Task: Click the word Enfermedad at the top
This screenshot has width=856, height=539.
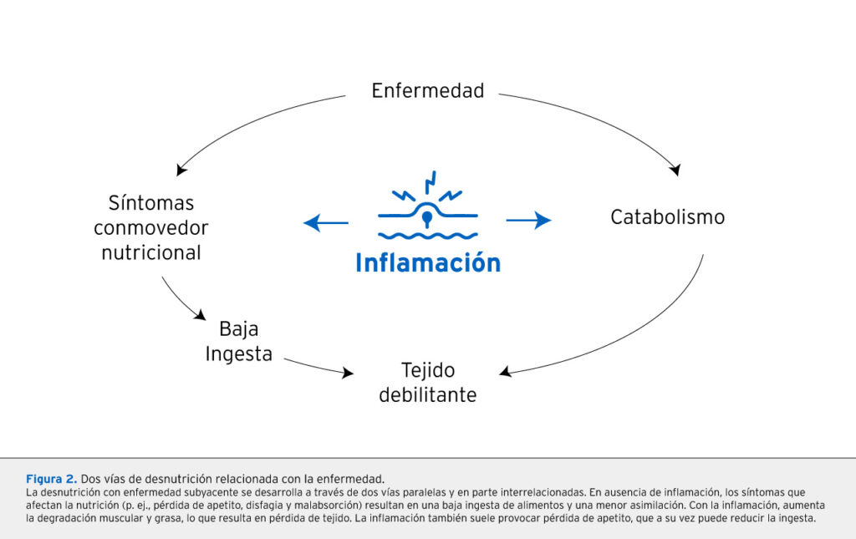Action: click(x=427, y=90)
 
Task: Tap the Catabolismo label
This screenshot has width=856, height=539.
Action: click(x=667, y=217)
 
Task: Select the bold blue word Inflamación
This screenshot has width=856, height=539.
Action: click(x=427, y=262)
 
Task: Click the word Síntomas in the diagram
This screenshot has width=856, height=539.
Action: click(x=150, y=203)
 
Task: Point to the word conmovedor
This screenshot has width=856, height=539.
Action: click(x=150, y=227)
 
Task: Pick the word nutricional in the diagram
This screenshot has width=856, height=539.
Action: click(x=150, y=252)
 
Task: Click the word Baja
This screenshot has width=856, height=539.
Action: click(x=239, y=328)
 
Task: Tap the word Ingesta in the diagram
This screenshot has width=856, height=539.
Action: click(x=239, y=353)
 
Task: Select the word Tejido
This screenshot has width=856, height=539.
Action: click(x=427, y=369)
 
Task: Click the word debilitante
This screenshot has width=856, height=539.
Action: click(x=427, y=394)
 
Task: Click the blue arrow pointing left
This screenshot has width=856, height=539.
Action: click(x=326, y=221)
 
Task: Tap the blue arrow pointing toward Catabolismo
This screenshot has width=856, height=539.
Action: click(x=528, y=221)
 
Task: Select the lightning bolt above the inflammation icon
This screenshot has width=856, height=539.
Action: click(x=431, y=181)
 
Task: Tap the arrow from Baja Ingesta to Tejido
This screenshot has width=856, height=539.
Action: click(x=318, y=366)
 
